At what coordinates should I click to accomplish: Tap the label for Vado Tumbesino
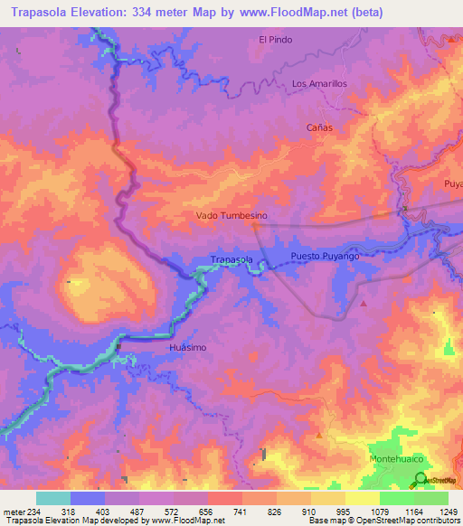(231, 216)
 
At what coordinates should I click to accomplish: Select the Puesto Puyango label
(326, 258)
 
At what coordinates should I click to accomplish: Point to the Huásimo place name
(189, 347)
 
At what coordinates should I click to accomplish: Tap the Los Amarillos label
(319, 83)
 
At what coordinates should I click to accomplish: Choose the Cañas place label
(319, 127)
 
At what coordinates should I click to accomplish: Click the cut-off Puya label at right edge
(452, 183)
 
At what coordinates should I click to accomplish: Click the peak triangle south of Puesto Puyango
(364, 304)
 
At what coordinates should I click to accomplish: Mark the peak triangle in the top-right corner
(449, 40)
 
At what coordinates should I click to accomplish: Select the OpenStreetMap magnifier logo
(420, 479)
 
